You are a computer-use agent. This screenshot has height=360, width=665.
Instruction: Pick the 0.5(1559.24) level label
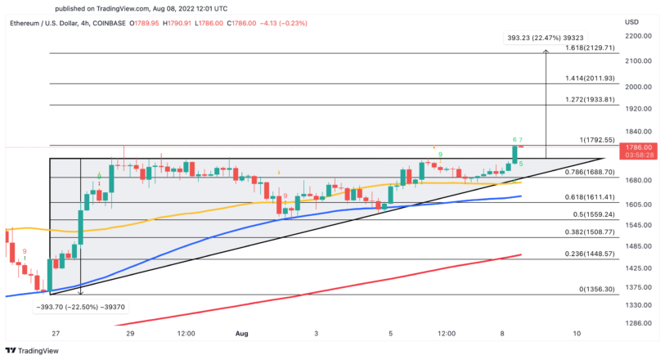click(x=584, y=215)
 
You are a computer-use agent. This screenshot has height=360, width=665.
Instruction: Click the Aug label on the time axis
click(x=240, y=334)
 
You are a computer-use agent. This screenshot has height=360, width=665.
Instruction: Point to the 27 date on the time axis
click(x=54, y=334)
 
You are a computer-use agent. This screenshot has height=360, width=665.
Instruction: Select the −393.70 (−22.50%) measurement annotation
click(x=80, y=306)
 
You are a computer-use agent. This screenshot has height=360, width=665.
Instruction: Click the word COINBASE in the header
click(x=108, y=24)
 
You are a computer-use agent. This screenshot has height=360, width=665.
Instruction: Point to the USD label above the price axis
click(x=631, y=21)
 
